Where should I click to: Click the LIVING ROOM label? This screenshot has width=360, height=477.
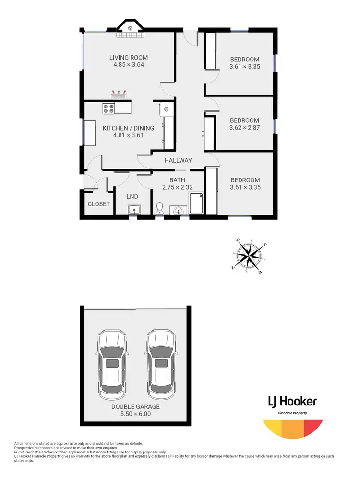(x=128, y=58)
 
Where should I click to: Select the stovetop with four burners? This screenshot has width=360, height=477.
(x=108, y=109)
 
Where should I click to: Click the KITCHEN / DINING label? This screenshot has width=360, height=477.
(x=128, y=128)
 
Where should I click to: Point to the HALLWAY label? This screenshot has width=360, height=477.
(x=178, y=160)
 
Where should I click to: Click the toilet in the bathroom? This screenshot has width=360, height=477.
(x=160, y=208)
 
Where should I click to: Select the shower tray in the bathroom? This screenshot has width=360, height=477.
(x=197, y=203)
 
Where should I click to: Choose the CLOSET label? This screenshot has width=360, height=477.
(x=99, y=204)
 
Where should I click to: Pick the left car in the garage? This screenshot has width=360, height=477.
(x=112, y=363)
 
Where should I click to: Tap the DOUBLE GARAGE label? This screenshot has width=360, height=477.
(x=136, y=406)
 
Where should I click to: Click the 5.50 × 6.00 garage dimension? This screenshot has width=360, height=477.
(x=136, y=414)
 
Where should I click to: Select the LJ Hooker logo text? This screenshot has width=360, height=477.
(x=292, y=402)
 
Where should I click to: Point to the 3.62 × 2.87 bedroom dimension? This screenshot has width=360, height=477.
(x=245, y=128)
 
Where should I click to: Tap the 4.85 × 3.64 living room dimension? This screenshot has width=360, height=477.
(x=128, y=65)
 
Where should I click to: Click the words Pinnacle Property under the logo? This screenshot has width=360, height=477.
(x=292, y=413)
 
